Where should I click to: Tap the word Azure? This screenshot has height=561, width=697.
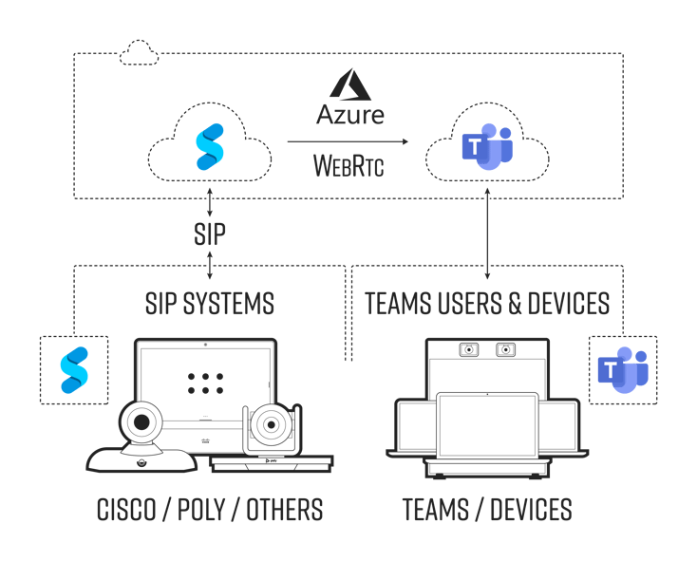(x=350, y=116)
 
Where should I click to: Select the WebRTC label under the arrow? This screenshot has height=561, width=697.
(x=349, y=168)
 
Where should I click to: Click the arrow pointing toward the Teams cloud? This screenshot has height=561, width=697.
(x=348, y=142)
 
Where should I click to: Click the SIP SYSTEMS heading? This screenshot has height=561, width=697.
(x=210, y=304)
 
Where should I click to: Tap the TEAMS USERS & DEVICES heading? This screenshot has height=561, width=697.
(x=487, y=304)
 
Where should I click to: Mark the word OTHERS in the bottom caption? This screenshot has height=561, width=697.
(x=285, y=510)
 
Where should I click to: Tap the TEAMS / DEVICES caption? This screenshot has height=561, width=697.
(x=487, y=510)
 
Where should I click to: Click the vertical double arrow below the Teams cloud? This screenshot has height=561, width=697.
(x=487, y=234)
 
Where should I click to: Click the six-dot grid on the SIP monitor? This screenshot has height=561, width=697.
(x=205, y=382)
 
